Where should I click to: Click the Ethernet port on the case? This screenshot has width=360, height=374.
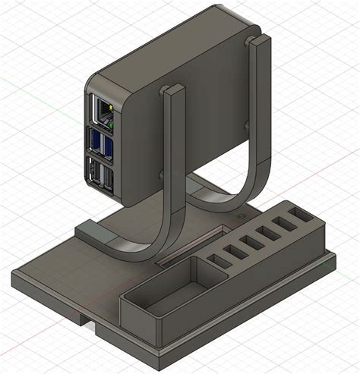(x=101, y=111)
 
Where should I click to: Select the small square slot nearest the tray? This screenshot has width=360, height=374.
(x=218, y=261)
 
